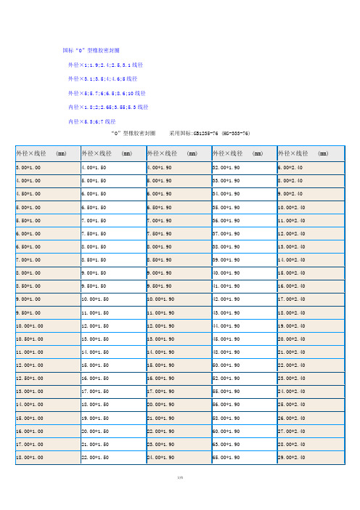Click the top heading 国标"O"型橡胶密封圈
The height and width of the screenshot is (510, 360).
pyautogui.click(x=92, y=51)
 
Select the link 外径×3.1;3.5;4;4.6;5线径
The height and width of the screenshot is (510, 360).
pyautogui.click(x=102, y=78)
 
